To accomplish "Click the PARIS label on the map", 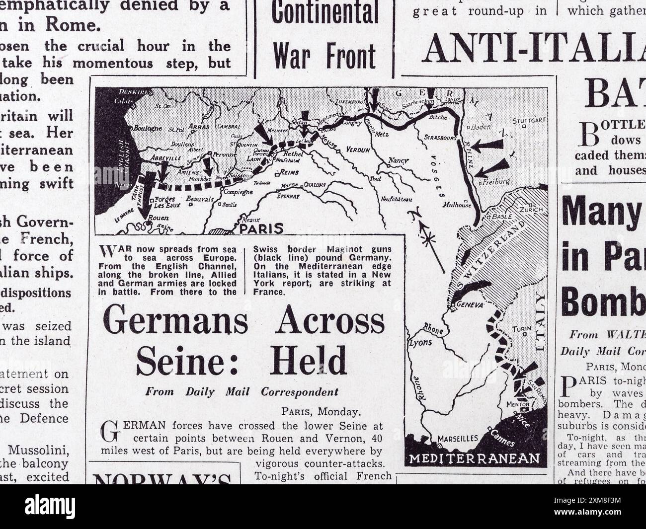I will tap(261, 228).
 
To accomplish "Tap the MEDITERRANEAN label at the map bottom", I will tap(475, 458).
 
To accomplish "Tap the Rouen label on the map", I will tap(159, 217).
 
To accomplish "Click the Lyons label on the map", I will tap(420, 342).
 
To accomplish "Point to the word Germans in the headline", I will tap(177, 322).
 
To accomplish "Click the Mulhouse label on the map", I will tap(458, 204).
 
